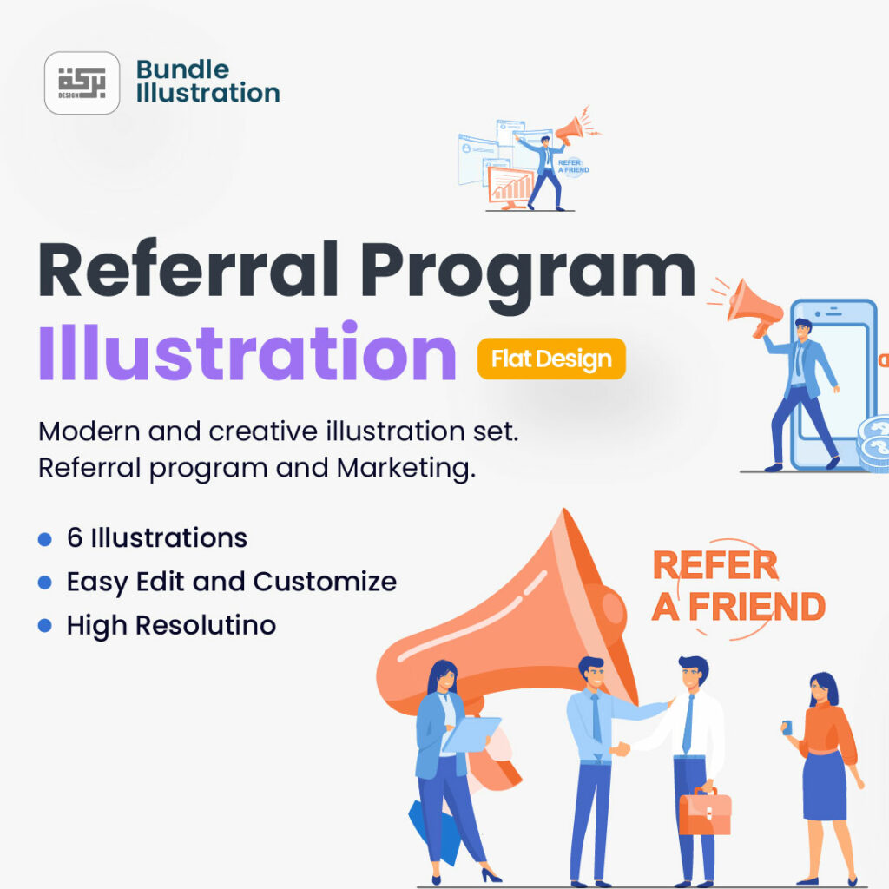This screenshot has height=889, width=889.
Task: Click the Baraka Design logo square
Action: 82,83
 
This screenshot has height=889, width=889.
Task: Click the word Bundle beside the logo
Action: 182,69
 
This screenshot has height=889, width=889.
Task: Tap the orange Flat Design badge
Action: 551,359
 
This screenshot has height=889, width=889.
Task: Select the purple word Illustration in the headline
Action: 247,354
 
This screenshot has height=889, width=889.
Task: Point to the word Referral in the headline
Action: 188,271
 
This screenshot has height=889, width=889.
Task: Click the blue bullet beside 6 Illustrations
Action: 45,539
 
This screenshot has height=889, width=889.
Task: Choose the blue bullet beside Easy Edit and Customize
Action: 45,583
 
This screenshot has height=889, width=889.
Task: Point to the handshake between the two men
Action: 620,748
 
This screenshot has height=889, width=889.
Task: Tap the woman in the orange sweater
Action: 824,764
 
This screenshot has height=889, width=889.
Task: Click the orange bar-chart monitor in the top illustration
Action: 511,186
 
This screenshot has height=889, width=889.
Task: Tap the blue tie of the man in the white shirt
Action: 688,724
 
